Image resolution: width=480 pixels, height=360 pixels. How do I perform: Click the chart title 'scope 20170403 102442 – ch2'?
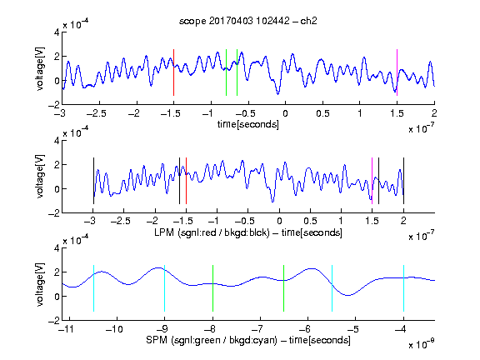tap(248, 21)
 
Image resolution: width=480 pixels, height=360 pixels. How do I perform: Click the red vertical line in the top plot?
tap(173, 72)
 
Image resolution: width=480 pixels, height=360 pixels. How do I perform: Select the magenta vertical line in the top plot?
tap(397, 72)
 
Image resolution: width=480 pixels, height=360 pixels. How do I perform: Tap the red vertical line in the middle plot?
tap(186, 181)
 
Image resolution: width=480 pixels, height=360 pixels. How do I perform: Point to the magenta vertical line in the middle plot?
tap(372, 181)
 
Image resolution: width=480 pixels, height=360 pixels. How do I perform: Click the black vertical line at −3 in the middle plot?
tap(93, 181)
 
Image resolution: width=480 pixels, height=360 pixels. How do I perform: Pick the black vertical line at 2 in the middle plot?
tap(403, 181)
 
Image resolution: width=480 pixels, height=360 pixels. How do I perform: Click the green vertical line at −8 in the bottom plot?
tap(212, 288)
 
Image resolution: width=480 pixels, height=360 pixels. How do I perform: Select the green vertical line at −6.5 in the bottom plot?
tap(284, 288)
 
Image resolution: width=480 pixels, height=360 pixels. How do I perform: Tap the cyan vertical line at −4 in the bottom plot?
tap(403, 288)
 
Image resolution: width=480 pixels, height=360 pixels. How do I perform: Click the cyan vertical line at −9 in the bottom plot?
tap(165, 288)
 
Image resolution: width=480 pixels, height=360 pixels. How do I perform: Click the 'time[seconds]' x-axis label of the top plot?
tap(248, 124)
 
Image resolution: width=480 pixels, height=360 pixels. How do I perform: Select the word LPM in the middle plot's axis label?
tap(164, 232)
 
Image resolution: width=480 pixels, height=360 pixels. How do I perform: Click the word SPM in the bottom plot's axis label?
tap(157, 340)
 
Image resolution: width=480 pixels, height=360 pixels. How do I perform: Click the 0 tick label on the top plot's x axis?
tap(285, 113)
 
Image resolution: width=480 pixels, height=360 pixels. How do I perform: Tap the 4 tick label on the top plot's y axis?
tap(57, 32)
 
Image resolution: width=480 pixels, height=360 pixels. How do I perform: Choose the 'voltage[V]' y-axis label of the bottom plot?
tap(40, 284)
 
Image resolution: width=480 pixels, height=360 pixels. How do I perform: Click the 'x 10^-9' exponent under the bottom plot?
tap(422, 344)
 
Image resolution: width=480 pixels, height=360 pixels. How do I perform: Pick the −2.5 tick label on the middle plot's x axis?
tap(121, 221)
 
